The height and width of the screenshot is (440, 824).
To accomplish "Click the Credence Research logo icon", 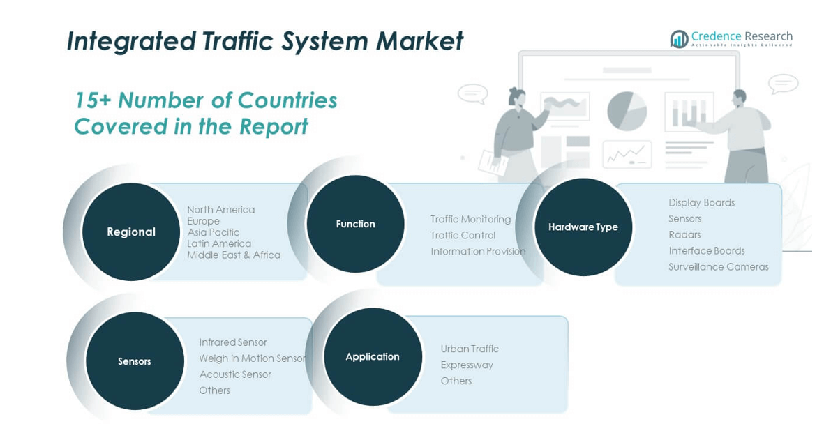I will (x=679, y=39).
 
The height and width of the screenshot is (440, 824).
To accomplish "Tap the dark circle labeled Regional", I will (x=131, y=232).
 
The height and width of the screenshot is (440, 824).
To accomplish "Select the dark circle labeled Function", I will (x=355, y=224).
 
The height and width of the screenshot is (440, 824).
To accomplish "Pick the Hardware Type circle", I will (x=583, y=227).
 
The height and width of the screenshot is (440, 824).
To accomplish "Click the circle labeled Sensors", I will (x=135, y=361).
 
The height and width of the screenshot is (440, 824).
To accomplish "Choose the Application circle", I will (x=373, y=356).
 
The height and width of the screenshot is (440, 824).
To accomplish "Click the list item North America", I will (x=220, y=210).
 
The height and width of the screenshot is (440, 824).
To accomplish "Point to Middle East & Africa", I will (x=234, y=255).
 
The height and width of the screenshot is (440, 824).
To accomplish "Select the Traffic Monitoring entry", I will (x=470, y=220).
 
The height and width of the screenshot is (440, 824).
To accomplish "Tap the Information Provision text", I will (x=478, y=252).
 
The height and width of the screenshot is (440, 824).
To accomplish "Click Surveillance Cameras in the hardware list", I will (x=718, y=267).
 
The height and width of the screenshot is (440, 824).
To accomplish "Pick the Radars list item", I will (x=684, y=235).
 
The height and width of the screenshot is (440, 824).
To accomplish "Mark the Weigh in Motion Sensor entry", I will (x=253, y=358).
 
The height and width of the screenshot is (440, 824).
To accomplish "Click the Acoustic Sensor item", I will (x=235, y=374).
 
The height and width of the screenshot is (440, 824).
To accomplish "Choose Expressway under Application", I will (x=467, y=365).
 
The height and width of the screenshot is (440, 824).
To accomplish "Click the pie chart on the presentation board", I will (x=627, y=111).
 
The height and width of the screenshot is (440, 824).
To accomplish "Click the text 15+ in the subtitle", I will (x=92, y=101).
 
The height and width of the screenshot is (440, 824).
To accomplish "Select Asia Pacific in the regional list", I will (x=213, y=232).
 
